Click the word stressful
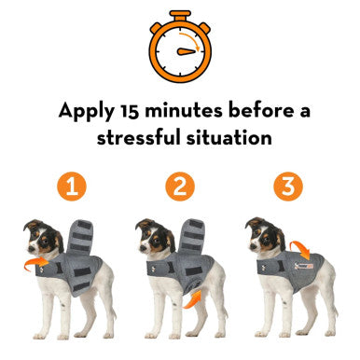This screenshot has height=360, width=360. pyautogui.click(x=139, y=138)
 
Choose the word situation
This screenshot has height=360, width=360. pyautogui.click(x=230, y=138)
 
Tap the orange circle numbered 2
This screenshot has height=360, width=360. pyautogui.click(x=180, y=187)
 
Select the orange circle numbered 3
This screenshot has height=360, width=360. pyautogui.click(x=289, y=187)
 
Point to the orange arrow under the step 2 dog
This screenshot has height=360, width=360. pyautogui.click(x=191, y=298)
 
